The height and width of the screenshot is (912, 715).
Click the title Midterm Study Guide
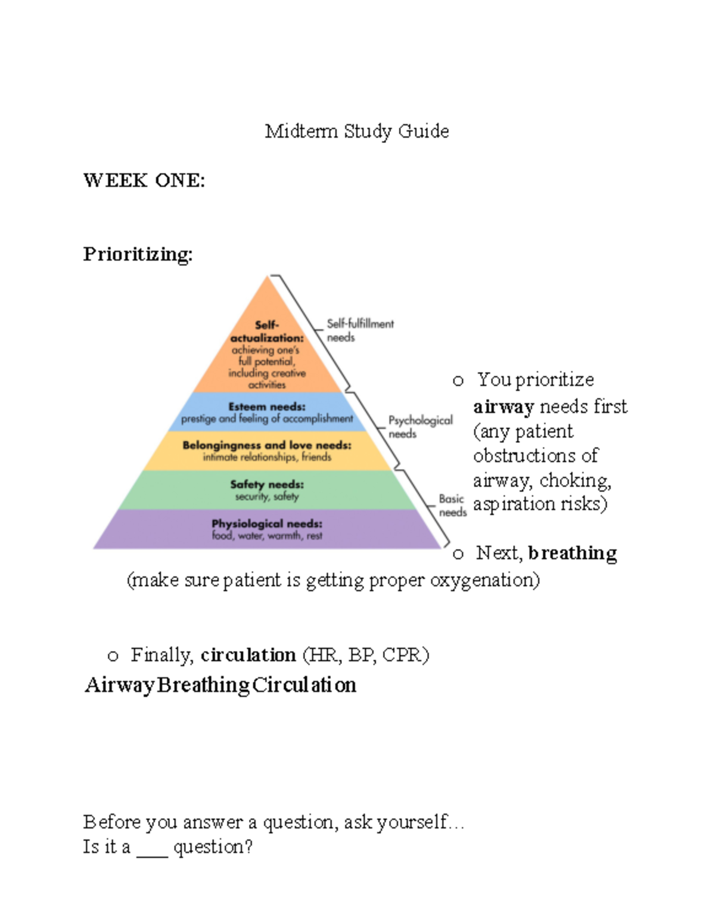tap(357, 131)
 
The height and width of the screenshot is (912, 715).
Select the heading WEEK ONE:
tap(144, 181)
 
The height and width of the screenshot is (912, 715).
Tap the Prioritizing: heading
tap(138, 255)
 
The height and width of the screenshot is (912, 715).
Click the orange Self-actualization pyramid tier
tap(267, 355)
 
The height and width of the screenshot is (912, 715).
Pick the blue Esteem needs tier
tap(267, 412)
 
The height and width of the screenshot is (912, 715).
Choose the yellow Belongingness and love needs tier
tap(267, 451)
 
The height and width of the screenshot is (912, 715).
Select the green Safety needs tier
tap(267, 490)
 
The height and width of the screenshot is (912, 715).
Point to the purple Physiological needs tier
tap(267, 529)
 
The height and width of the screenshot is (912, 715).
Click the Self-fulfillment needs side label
tap(359, 330)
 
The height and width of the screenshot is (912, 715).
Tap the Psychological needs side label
tap(419, 427)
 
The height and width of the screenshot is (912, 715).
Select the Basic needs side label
tap(452, 505)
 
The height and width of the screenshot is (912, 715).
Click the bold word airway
tap(503, 407)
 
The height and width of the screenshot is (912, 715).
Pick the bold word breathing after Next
tap(573, 553)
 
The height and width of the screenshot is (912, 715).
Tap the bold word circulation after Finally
tap(248, 655)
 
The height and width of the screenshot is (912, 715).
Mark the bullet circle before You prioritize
tap(458, 381)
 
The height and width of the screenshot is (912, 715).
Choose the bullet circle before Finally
tap(113, 656)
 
